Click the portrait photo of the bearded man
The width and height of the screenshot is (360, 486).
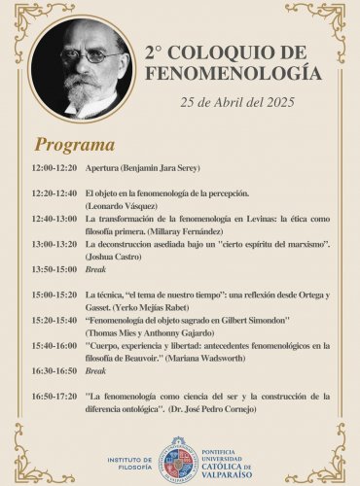[x=83, y=67]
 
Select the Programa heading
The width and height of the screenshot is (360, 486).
[x=75, y=146]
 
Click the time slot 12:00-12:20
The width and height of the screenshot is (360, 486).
[x=54, y=169]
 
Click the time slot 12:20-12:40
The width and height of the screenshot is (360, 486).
[x=54, y=193]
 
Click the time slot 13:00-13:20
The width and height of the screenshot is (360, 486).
[x=54, y=244]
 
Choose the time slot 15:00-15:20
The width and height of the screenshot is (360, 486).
[x=54, y=294]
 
